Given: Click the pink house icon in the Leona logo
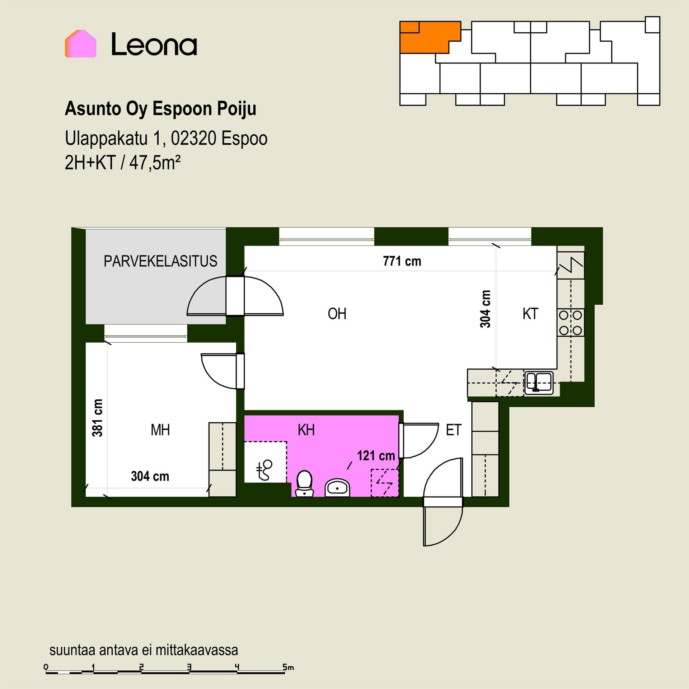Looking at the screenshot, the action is (x=80, y=44).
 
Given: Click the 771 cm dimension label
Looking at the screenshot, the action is (x=402, y=261).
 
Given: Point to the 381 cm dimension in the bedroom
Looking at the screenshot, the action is (x=98, y=418).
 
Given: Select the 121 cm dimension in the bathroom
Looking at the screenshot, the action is (x=376, y=456).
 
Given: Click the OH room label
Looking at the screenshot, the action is (x=337, y=314).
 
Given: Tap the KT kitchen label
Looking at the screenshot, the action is (x=530, y=314).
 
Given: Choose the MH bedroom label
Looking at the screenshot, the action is (x=160, y=430).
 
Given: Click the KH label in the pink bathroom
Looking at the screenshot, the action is (x=306, y=430).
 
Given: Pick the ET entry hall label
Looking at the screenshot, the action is (x=453, y=430).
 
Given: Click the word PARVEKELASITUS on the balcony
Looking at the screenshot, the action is (x=160, y=261).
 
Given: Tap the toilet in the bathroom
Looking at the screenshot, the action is (x=304, y=484).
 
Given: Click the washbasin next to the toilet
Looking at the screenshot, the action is (x=337, y=487).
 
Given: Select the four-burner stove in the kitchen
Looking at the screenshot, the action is (x=571, y=322).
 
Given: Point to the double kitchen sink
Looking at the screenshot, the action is (x=539, y=383).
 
